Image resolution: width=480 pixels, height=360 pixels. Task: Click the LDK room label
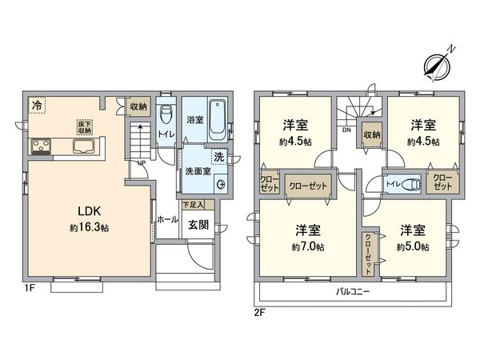pyautogui.click(x=88, y=211)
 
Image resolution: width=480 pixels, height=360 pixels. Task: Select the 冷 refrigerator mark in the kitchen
pyautogui.click(x=37, y=105)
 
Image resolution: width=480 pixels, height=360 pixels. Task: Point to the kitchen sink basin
pyautogui.click(x=84, y=146)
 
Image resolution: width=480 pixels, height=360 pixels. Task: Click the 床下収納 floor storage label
pyautogui.click(x=83, y=127)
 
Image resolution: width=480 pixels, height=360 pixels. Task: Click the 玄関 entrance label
pyautogui.click(x=198, y=225)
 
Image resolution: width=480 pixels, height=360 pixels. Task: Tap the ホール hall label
pyautogui.click(x=167, y=218)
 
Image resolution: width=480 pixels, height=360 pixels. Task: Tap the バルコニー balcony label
pyautogui.click(x=352, y=292)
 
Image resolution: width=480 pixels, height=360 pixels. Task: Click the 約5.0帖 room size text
pyautogui.click(x=412, y=248)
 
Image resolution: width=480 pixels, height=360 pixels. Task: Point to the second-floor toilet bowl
pyautogui.click(x=409, y=182)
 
